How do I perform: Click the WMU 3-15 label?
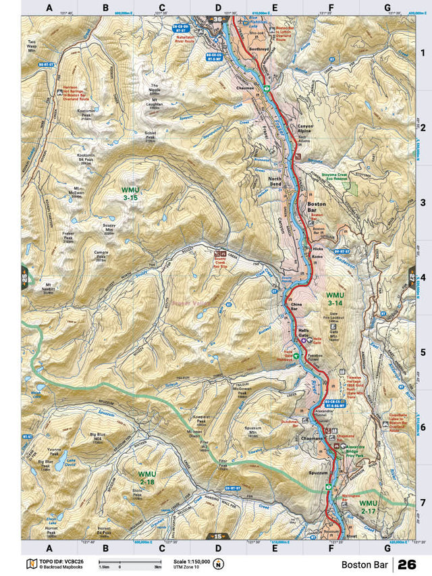(130, 194)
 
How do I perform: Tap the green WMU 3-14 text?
(335, 300)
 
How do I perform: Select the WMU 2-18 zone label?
(147, 478)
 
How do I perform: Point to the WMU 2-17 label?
(369, 508)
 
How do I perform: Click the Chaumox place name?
(245, 88)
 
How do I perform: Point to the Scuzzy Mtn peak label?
(109, 228)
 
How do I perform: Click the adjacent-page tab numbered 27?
(411, 278)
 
